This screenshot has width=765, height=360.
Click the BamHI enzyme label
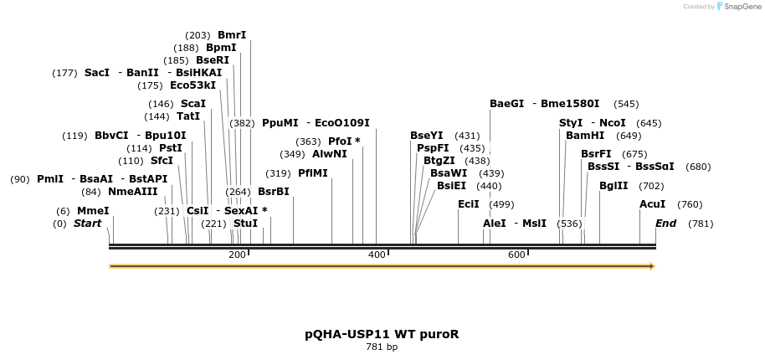click(585, 136)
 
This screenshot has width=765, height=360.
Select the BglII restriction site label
click(614, 186)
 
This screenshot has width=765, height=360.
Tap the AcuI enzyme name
click(653, 204)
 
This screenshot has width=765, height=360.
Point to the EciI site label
click(469, 204)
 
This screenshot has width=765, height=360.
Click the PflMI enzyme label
click(313, 173)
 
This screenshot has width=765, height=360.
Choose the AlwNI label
click(329, 154)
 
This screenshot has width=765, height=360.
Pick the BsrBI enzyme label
click(273, 192)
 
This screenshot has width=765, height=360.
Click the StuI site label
click(245, 224)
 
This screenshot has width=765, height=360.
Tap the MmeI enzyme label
click(93, 211)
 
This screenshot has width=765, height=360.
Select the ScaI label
click(193, 104)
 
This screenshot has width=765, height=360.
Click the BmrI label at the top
click(232, 35)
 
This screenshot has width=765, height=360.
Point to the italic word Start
click(87, 224)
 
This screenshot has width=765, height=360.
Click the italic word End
click(666, 224)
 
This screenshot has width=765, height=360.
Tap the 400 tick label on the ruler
click(377, 255)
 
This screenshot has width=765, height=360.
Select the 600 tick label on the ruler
click(516, 255)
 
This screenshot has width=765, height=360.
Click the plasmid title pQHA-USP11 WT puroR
click(382, 334)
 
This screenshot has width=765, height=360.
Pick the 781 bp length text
click(382, 347)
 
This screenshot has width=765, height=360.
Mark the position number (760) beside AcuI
click(690, 204)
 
